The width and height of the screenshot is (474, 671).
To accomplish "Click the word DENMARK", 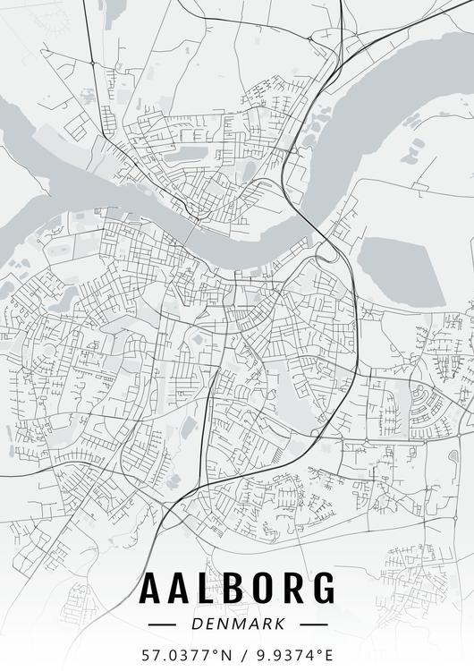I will pyautogui.click(x=238, y=623).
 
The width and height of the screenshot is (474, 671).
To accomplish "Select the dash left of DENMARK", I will pyautogui.click(x=165, y=623).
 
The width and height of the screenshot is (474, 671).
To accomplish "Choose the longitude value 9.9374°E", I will pyautogui.click(x=292, y=655).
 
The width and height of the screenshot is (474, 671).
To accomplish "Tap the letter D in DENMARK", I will pyautogui.click(x=197, y=623).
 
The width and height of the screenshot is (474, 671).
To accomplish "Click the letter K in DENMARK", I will pyautogui.click(x=279, y=623).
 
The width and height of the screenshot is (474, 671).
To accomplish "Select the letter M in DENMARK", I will pyautogui.click(x=237, y=623).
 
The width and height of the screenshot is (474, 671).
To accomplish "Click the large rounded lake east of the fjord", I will pyautogui.click(x=401, y=268).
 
